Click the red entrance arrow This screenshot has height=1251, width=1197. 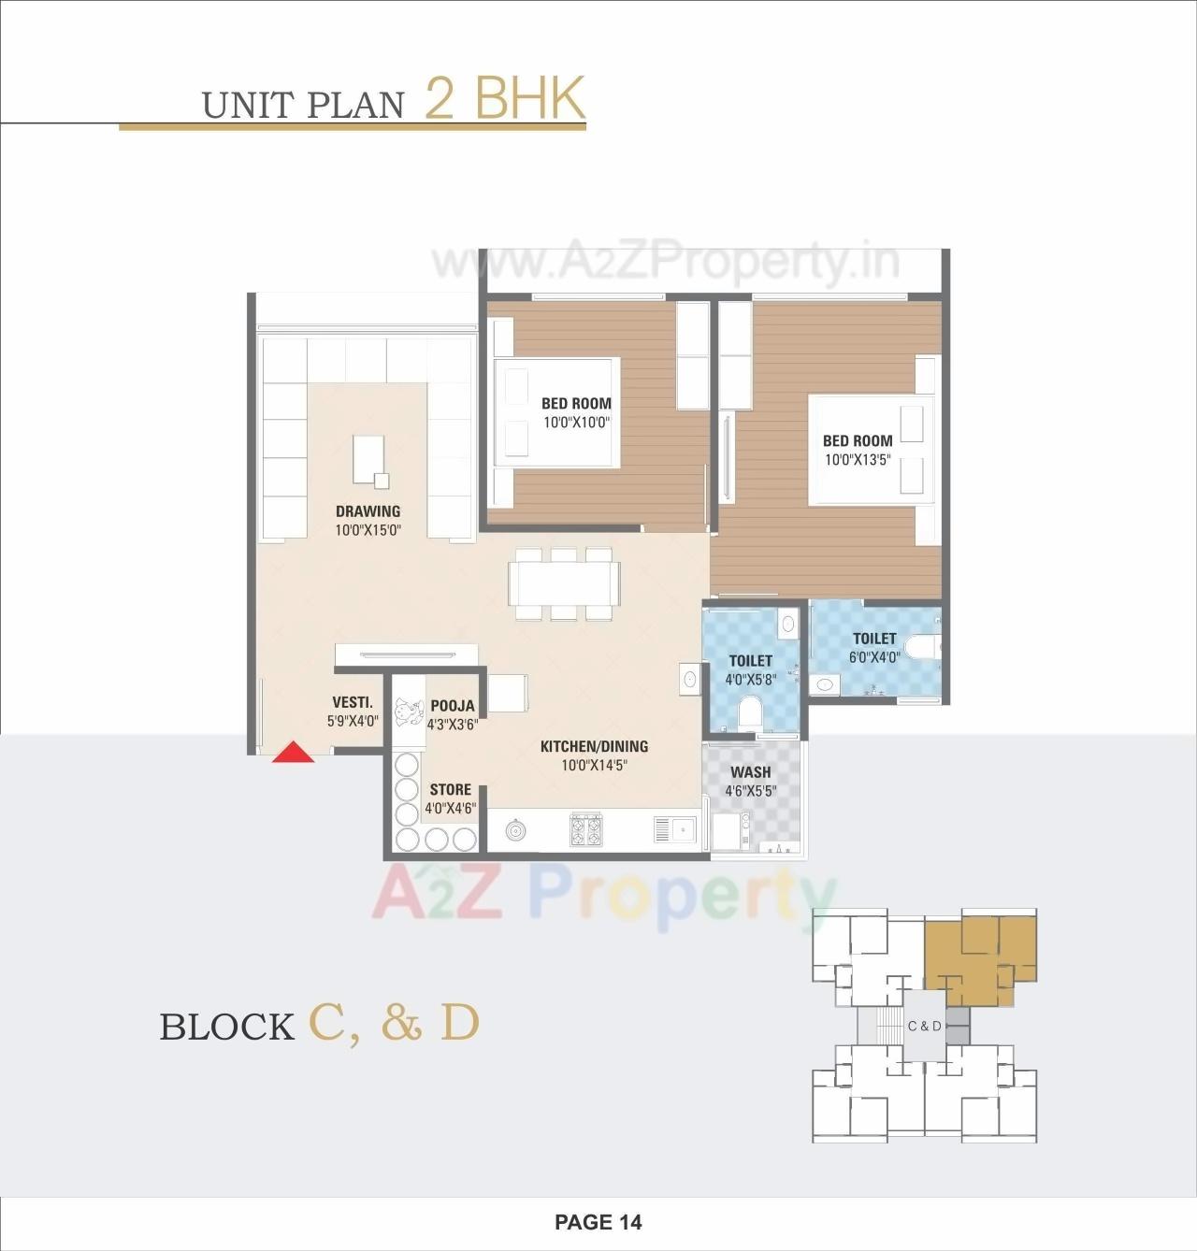coord(293,753)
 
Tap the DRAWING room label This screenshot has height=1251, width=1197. coord(368,511)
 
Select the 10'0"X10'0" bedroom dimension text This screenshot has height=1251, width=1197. coord(576,423)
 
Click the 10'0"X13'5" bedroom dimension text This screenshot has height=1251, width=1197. coord(858,460)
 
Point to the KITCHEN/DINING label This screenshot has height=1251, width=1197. coord(594,746)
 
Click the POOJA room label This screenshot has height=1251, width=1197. coord(452,706)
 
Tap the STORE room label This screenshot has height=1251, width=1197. coord(451,789)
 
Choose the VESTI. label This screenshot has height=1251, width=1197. coord(353,702)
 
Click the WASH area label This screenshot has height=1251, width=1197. coord(750,772)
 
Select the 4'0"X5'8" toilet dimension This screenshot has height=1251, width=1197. coord(751,680)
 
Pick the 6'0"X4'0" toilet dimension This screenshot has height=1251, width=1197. coord(874,657)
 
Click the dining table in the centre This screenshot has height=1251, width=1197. coord(564,583)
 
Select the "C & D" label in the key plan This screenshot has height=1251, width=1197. coord(925,1026)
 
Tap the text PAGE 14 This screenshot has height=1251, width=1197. coord(598,1222)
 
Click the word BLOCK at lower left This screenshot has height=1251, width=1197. coord(227,1027)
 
